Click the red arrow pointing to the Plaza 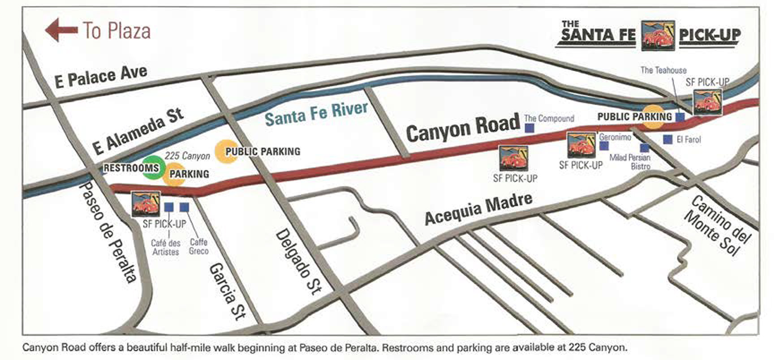tap(61, 30)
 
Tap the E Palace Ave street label tap(101, 76)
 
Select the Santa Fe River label tap(316, 113)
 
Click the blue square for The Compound tap(530, 128)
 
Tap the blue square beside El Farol tap(668, 140)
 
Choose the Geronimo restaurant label tap(615, 137)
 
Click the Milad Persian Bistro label tap(630, 162)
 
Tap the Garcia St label tap(228, 291)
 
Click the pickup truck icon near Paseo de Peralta tap(146, 204)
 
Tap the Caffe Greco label tap(198, 246)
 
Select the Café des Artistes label tap(165, 247)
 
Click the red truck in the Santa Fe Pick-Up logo tap(657, 35)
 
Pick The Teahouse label tap(663, 70)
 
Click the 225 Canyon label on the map tap(187, 156)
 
